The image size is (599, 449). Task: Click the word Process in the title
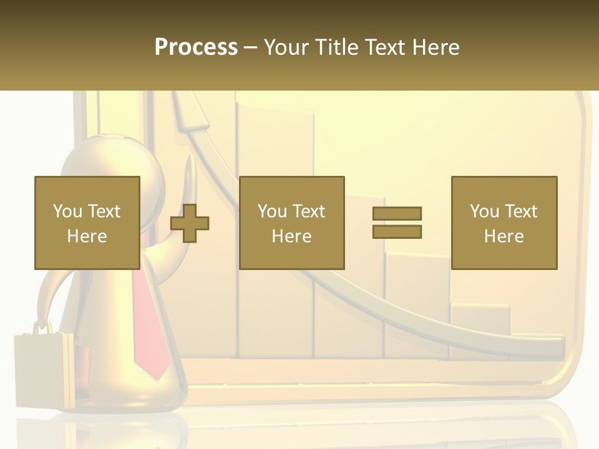point(196,47)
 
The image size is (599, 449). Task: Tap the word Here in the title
point(436,47)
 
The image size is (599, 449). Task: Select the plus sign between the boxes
point(190,223)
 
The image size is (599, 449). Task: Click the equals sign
point(397,223)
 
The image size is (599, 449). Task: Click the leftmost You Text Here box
point(87,223)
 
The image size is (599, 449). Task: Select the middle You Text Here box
point(291,223)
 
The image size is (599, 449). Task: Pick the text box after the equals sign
point(504,223)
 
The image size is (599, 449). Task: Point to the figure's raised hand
point(192,171)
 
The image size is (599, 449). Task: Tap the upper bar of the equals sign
point(397,213)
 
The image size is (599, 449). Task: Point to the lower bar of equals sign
point(397,232)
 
